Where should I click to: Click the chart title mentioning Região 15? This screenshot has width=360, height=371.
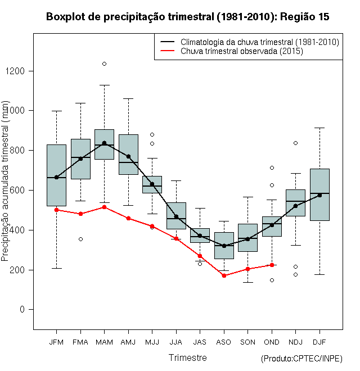pyautogui.click(x=188, y=17)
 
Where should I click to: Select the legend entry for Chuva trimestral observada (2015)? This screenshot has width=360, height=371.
pyautogui.click(x=242, y=51)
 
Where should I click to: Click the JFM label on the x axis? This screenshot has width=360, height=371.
pyautogui.click(x=56, y=342)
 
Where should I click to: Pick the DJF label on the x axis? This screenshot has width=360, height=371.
pyautogui.click(x=319, y=342)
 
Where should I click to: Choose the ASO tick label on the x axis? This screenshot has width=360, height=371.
pyautogui.click(x=224, y=342)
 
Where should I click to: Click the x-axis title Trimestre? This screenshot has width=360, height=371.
pyautogui.click(x=188, y=358)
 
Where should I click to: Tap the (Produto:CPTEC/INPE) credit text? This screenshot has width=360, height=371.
pyautogui.click(x=301, y=359)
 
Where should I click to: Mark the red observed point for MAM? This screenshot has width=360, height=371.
pyautogui.click(x=104, y=207)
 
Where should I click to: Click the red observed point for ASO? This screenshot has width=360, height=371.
pyautogui.click(x=224, y=275)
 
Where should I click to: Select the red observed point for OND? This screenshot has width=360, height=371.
pyautogui.click(x=272, y=265)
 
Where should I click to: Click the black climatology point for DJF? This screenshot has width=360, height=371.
pyautogui.click(x=319, y=195)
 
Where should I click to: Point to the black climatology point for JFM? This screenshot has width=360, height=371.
pyautogui.click(x=56, y=177)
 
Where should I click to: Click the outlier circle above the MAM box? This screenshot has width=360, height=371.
pyautogui.click(x=104, y=64)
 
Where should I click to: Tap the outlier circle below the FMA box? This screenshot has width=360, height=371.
pyautogui.click(x=80, y=239)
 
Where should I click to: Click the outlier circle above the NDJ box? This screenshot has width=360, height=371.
pyautogui.click(x=295, y=143)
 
